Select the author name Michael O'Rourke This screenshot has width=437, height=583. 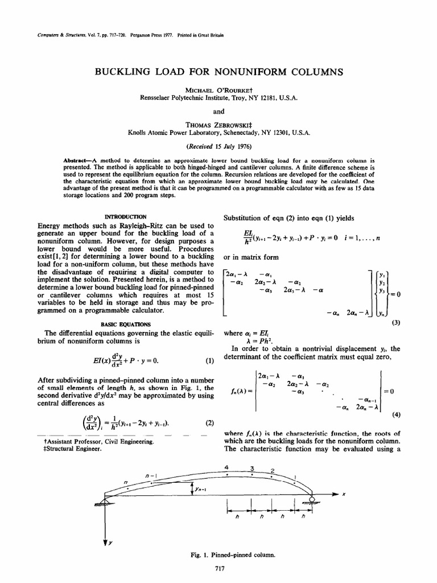coord(218,90)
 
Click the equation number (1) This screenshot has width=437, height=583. coord(208,362)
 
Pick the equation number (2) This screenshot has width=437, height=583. coord(208,422)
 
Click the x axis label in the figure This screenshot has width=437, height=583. coord(344,495)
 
